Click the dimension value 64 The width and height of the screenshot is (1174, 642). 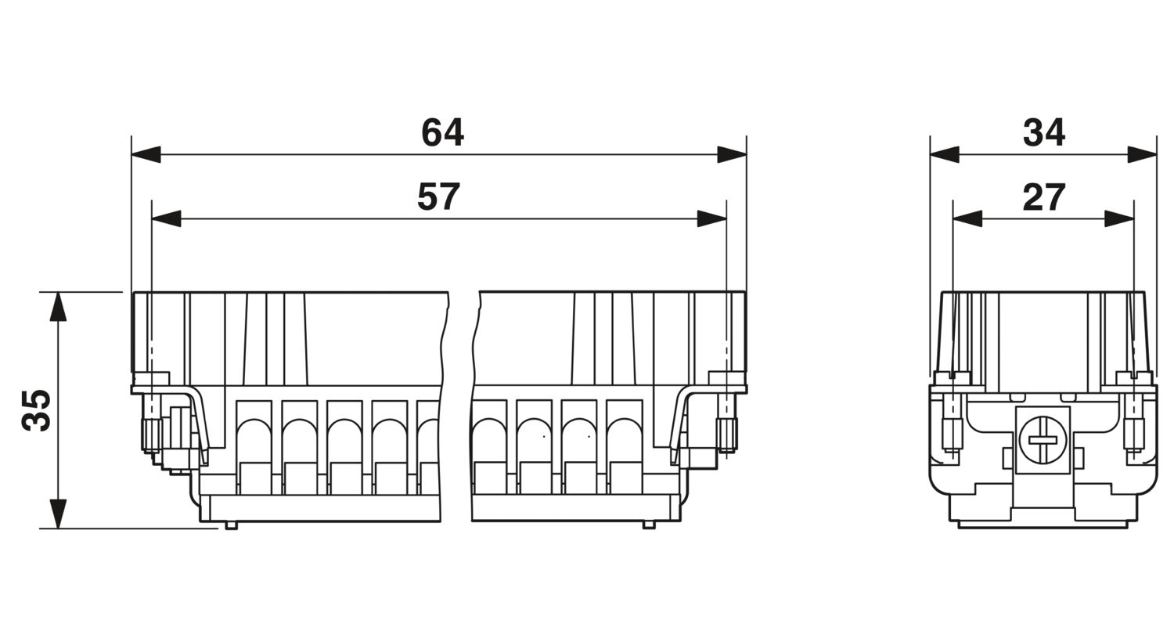coord(442,133)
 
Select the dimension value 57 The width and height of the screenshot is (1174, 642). coord(438,197)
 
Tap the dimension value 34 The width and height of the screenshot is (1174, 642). coord(1043,133)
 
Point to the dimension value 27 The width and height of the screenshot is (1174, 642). coord(1043,197)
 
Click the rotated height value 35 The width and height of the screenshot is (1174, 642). coord(37,409)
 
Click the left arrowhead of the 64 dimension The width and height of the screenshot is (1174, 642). coord(146,154)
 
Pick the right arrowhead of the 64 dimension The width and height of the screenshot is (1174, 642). coord(732,154)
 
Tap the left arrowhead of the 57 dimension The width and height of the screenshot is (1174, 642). coord(166,218)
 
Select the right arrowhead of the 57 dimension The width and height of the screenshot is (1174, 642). coord(711,218)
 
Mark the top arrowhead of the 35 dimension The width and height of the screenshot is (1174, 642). coord(58,306)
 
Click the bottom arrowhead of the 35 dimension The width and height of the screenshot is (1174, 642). coord(58,514)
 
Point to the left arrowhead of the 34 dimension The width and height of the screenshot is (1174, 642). coord(945,154)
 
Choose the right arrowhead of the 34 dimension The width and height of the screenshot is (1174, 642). coord(1141,154)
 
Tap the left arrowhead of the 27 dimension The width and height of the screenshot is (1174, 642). coord(967,218)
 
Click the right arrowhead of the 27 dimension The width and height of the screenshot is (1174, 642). coord(1119,218)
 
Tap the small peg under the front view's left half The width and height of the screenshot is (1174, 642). coord(231,525)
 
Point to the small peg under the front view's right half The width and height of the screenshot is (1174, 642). coord(649,525)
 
